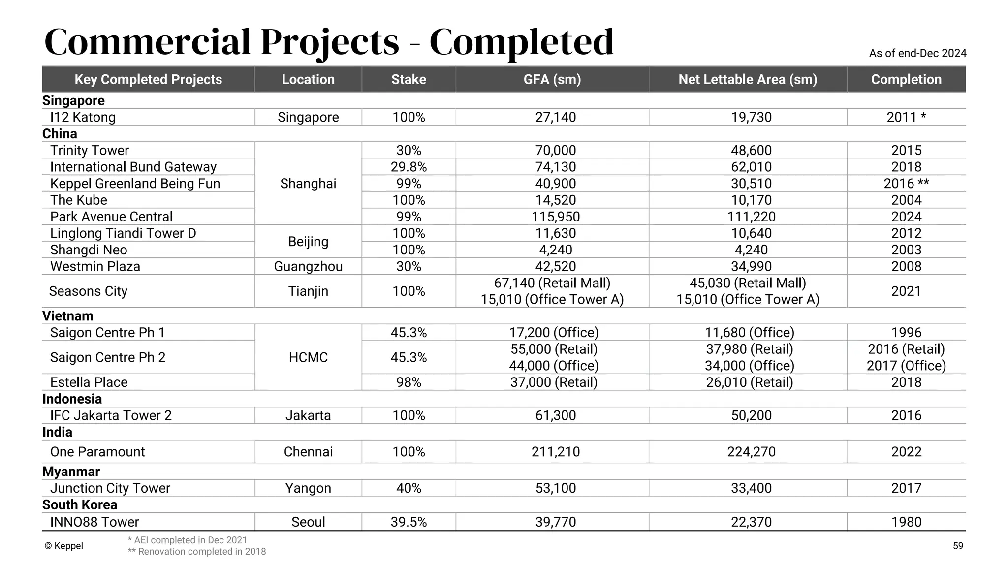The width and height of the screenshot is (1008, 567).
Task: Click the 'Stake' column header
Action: pyautogui.click(x=409, y=79)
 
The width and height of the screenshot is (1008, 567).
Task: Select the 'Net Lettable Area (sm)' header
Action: pyautogui.click(x=748, y=79)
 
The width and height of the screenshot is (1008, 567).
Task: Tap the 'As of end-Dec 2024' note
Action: pyautogui.click(x=917, y=53)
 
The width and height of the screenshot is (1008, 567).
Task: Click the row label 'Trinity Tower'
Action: pyautogui.click(x=90, y=150)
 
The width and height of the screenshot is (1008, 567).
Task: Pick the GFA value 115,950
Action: pyautogui.click(x=556, y=217)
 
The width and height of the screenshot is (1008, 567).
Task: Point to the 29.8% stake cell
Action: pyautogui.click(x=409, y=167)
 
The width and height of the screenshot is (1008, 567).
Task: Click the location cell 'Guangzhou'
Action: pyautogui.click(x=308, y=266)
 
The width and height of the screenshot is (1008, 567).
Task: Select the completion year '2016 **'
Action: pyautogui.click(x=906, y=184)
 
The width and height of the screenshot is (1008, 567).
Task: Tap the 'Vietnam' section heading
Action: pyautogui.click(x=68, y=316)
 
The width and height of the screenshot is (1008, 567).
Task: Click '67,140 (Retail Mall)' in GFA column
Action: pyautogui.click(x=552, y=283)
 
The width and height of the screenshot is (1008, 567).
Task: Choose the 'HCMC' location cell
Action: pyautogui.click(x=308, y=357)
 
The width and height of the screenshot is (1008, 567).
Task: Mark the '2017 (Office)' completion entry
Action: pyautogui.click(x=906, y=366)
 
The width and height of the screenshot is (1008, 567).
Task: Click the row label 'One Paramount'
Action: pyautogui.click(x=97, y=452)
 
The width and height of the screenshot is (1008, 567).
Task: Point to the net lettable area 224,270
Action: pyautogui.click(x=751, y=452)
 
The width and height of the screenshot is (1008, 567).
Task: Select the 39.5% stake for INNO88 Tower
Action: pyautogui.click(x=409, y=522)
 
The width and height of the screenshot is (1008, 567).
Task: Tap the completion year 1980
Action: pyautogui.click(x=906, y=522)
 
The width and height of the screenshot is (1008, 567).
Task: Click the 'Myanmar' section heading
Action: pyautogui.click(x=71, y=472)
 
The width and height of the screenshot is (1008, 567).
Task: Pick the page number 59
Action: pyautogui.click(x=958, y=546)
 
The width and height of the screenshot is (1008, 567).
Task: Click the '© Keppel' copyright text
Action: pyautogui.click(x=64, y=546)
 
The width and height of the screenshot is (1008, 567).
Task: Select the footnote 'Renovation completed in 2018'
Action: pyautogui.click(x=197, y=552)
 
